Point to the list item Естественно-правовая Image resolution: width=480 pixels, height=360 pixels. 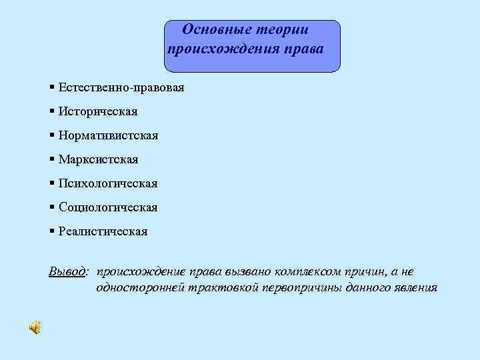[121, 88]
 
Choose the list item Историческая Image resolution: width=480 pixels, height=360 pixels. [97, 111]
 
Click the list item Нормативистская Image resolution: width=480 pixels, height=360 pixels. [108, 135]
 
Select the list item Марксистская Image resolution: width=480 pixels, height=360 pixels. [98, 159]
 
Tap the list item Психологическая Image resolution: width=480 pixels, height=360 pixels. [107, 183]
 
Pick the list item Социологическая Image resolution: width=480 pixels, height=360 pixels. [108, 207]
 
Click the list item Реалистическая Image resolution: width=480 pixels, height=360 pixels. [103, 231]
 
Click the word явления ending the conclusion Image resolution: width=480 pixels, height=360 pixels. [415, 288]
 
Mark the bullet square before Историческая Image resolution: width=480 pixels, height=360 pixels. [52, 111]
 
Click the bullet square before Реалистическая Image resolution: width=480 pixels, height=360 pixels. [52, 231]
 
